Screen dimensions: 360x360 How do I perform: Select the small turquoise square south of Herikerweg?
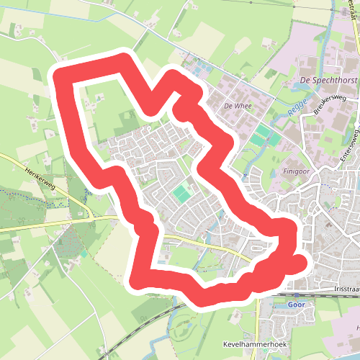pos(84,253)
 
